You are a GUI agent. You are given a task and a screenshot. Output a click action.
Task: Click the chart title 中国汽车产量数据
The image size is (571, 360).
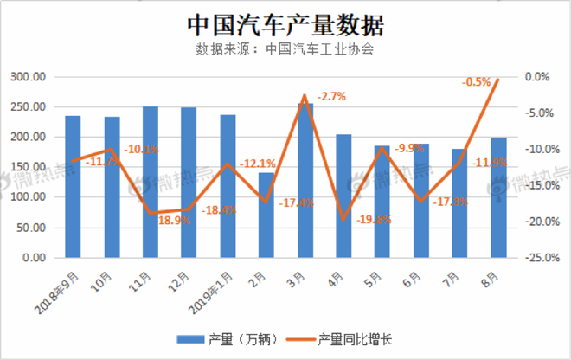click(x=285, y=22)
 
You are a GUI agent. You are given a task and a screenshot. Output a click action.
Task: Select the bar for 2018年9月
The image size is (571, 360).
click(x=73, y=186)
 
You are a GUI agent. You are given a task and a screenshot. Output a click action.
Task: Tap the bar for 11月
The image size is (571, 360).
click(x=151, y=182)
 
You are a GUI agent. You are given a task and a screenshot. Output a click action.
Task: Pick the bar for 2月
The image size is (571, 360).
click(x=266, y=215)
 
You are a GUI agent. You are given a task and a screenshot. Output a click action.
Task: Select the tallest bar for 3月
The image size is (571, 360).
click(x=305, y=180)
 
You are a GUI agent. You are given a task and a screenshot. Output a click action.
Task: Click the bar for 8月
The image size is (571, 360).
click(x=498, y=197)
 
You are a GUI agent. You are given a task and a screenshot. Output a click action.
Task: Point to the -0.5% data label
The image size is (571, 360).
click(x=478, y=82)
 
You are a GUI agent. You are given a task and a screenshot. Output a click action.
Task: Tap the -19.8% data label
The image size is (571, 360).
click(x=373, y=220)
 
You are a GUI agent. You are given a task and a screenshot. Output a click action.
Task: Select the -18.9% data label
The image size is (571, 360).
click(x=176, y=221)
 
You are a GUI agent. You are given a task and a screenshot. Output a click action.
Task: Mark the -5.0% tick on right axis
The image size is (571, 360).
click(x=541, y=113)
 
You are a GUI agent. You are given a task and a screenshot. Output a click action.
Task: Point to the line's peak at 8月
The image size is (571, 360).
click(x=498, y=80)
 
